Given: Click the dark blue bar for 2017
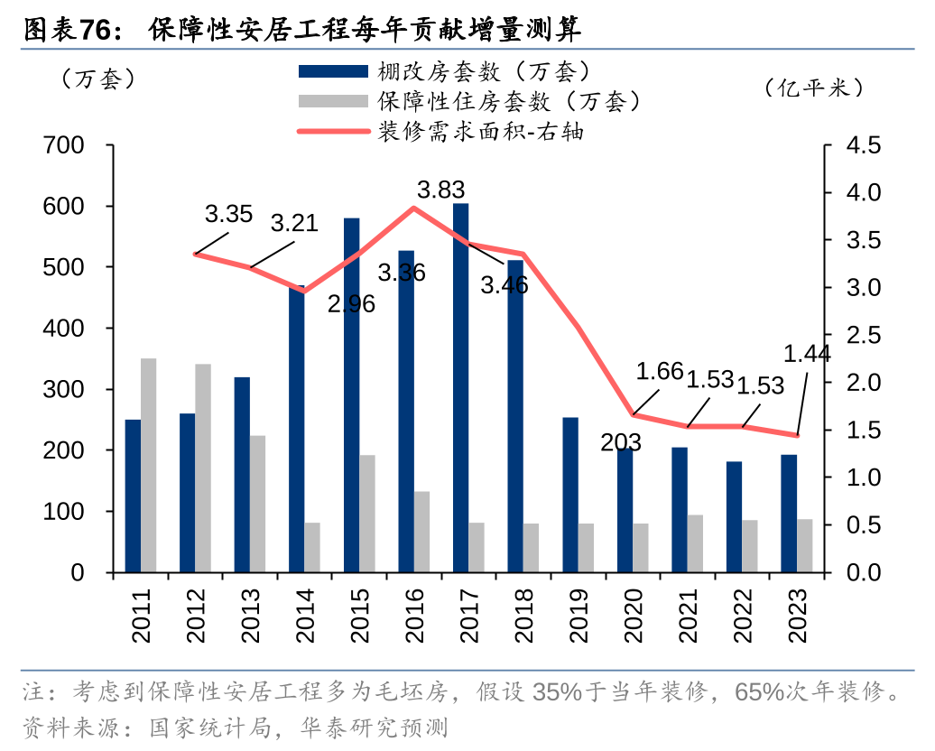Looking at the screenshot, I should [460, 388].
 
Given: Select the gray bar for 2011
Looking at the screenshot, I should [148, 466].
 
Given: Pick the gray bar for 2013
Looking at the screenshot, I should [258, 505].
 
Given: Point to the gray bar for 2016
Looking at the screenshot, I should [421, 532].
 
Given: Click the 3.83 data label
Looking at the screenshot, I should [440, 190].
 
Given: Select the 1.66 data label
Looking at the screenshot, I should [660, 371].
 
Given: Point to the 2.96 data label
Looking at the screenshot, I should [351, 304].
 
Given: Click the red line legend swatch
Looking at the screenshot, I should [333, 131].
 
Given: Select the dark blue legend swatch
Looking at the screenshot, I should [333, 70].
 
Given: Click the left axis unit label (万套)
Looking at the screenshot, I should [97, 79].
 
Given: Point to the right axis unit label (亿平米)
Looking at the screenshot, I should [813, 88].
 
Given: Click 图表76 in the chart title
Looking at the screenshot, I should [68, 31].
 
